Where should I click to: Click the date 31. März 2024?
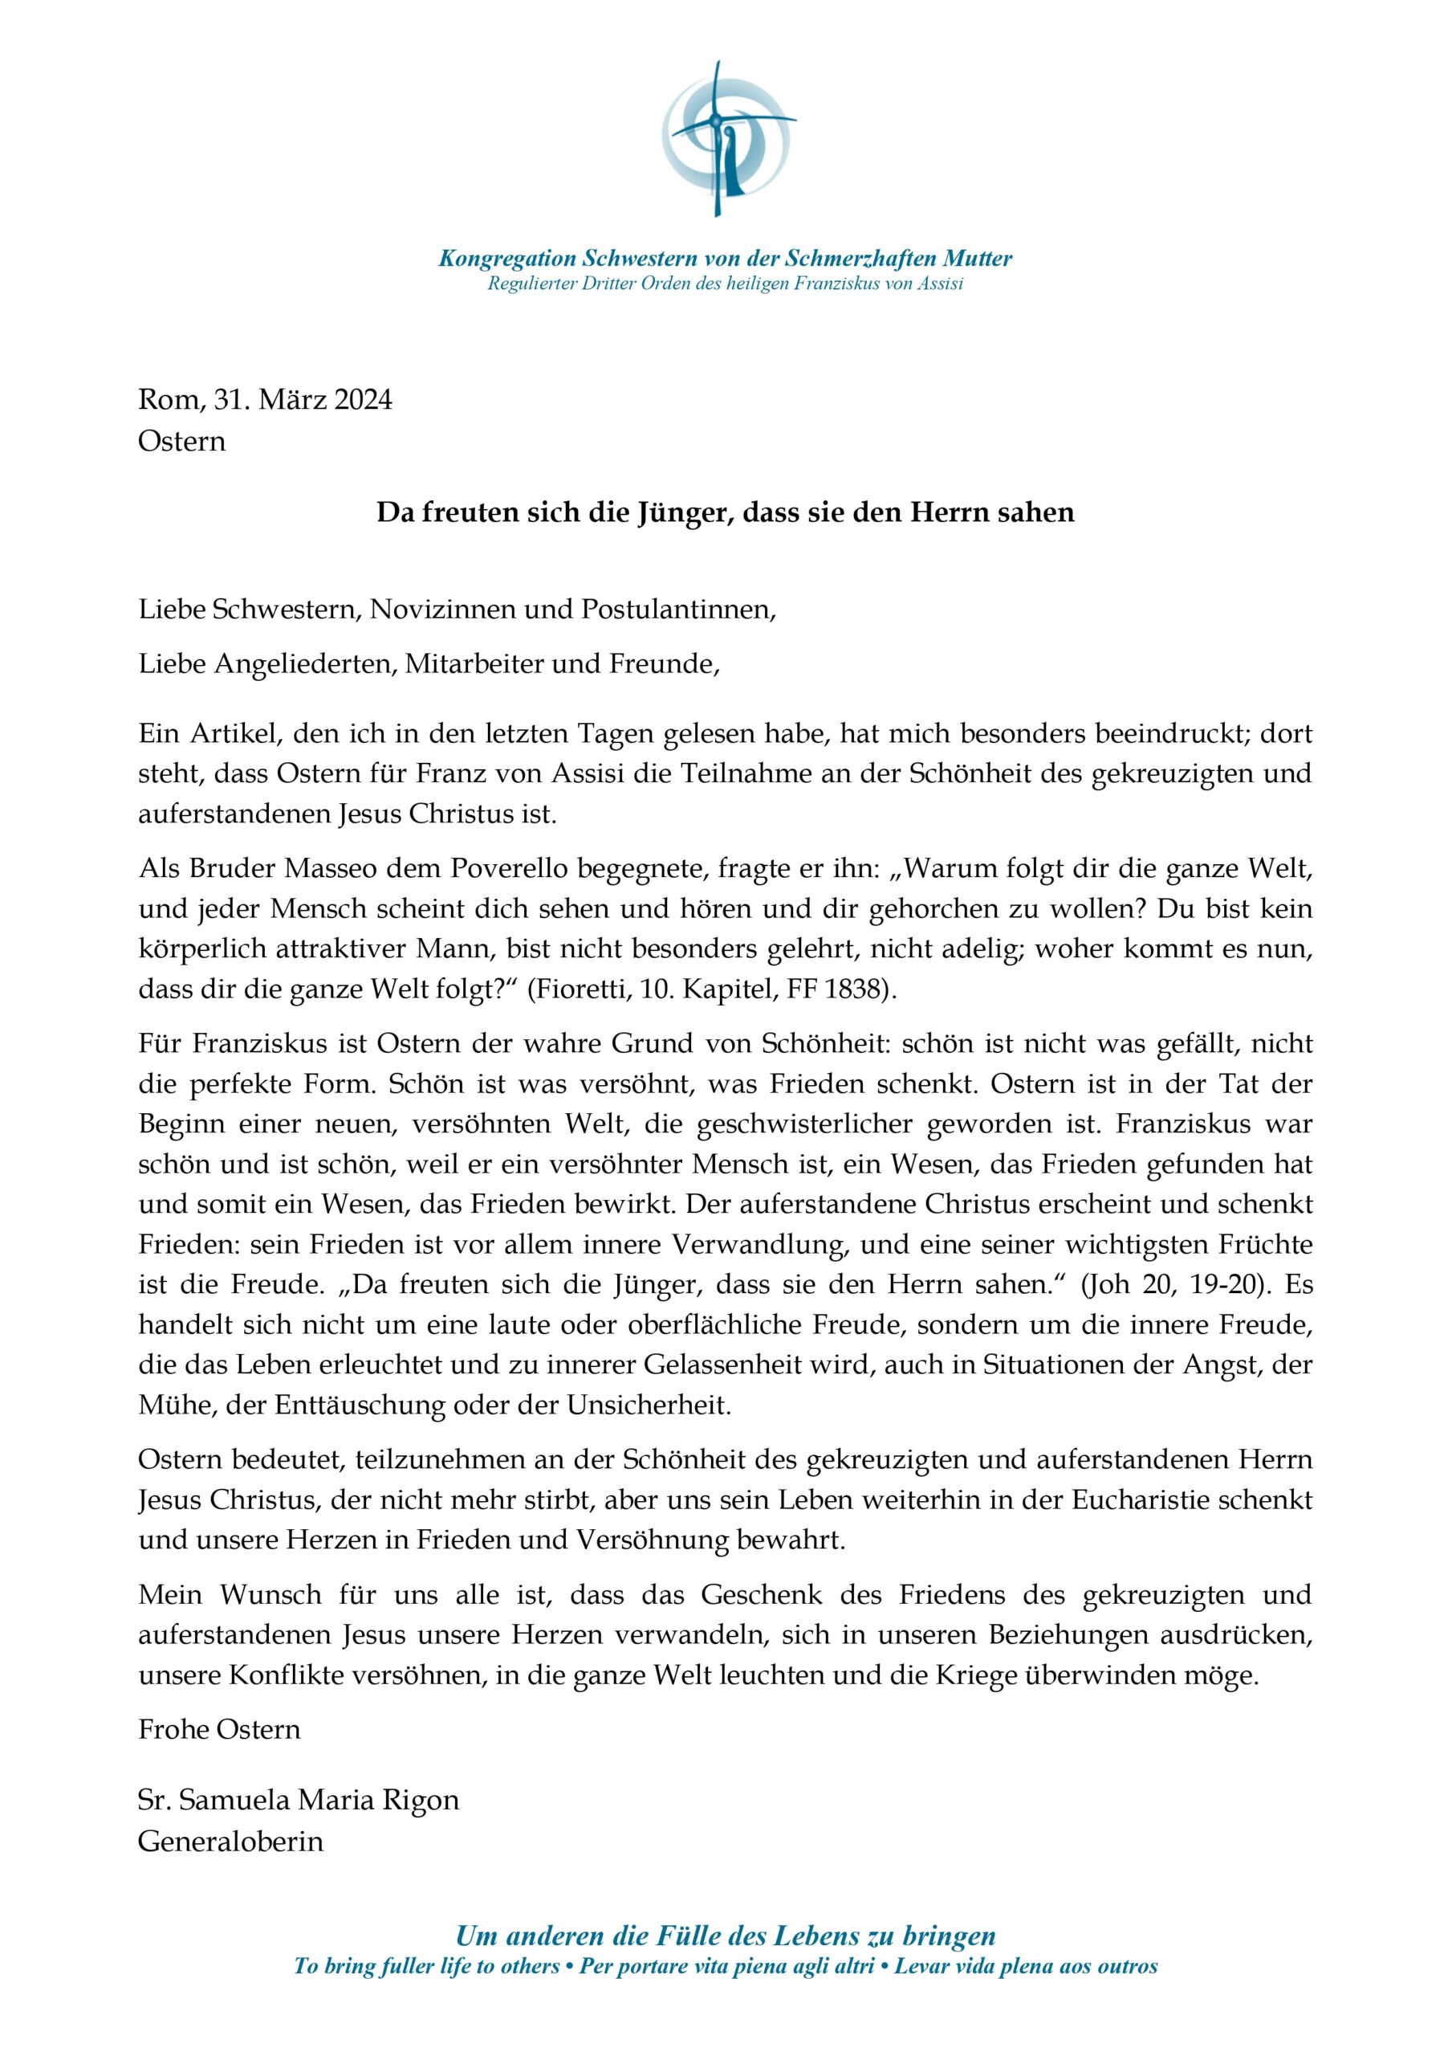tap(303, 399)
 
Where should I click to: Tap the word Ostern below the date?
tap(181, 442)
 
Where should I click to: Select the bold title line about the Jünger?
tap(725, 512)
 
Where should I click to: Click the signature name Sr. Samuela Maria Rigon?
tap(298, 1800)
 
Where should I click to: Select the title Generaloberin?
tap(230, 1841)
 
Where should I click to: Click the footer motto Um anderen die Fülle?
tap(725, 1936)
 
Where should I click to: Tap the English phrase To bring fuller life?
tap(427, 1967)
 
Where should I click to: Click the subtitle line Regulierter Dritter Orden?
tap(725, 284)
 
